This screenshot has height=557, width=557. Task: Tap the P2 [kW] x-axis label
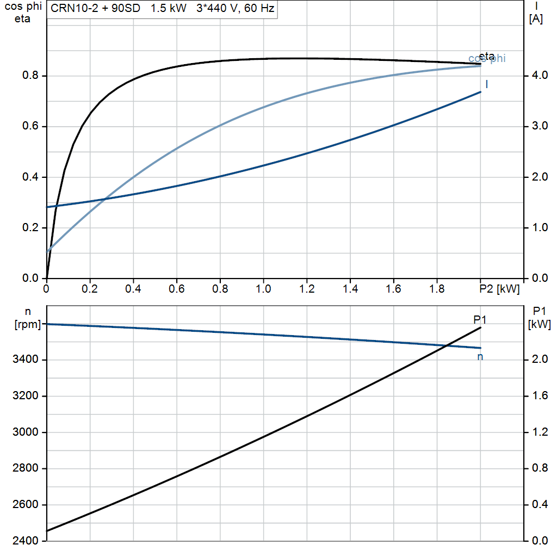tap(499, 288)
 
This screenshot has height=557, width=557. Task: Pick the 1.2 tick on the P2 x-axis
tap(307, 288)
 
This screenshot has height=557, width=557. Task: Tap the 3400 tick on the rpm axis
tap(26, 360)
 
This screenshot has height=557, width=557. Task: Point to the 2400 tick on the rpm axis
tap(26, 541)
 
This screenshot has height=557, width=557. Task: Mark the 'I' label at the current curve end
tap(486, 84)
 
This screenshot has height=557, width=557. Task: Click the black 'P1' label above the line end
tap(479, 319)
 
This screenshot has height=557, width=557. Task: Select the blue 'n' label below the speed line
tap(480, 357)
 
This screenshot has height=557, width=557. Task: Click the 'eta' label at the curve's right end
tap(487, 55)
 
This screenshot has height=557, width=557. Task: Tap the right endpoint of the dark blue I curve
tap(481, 92)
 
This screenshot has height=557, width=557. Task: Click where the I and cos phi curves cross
tap(105, 200)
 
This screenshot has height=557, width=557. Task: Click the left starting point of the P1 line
tap(47, 530)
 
